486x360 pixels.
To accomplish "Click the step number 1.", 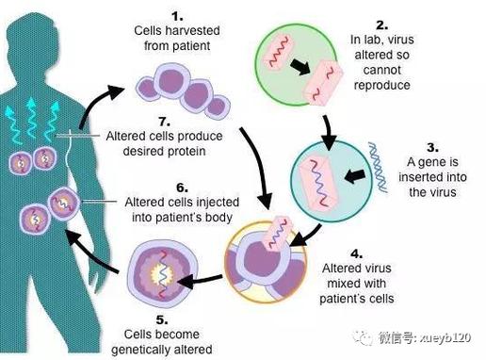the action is click(177, 16).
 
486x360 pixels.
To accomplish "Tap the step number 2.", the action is click(382, 25).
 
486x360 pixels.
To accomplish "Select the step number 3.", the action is click(432, 148).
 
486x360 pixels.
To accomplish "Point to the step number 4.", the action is click(357, 254).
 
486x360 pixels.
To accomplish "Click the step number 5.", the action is click(162, 320).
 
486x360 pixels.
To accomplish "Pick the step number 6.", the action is click(182, 188).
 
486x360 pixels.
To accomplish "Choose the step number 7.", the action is click(165, 122).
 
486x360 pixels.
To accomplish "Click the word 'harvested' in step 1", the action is click(192, 31).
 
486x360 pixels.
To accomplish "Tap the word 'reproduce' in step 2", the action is click(382, 86).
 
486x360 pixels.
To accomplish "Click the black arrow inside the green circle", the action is click(300, 66).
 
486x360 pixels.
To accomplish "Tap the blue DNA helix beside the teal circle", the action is click(378, 167).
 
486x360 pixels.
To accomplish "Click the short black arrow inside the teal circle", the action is click(355, 176).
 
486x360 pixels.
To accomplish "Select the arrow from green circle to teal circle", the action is click(328, 133).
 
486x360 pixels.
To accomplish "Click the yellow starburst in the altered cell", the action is click(163, 275).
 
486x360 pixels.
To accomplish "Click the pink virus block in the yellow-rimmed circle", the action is click(279, 233).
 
